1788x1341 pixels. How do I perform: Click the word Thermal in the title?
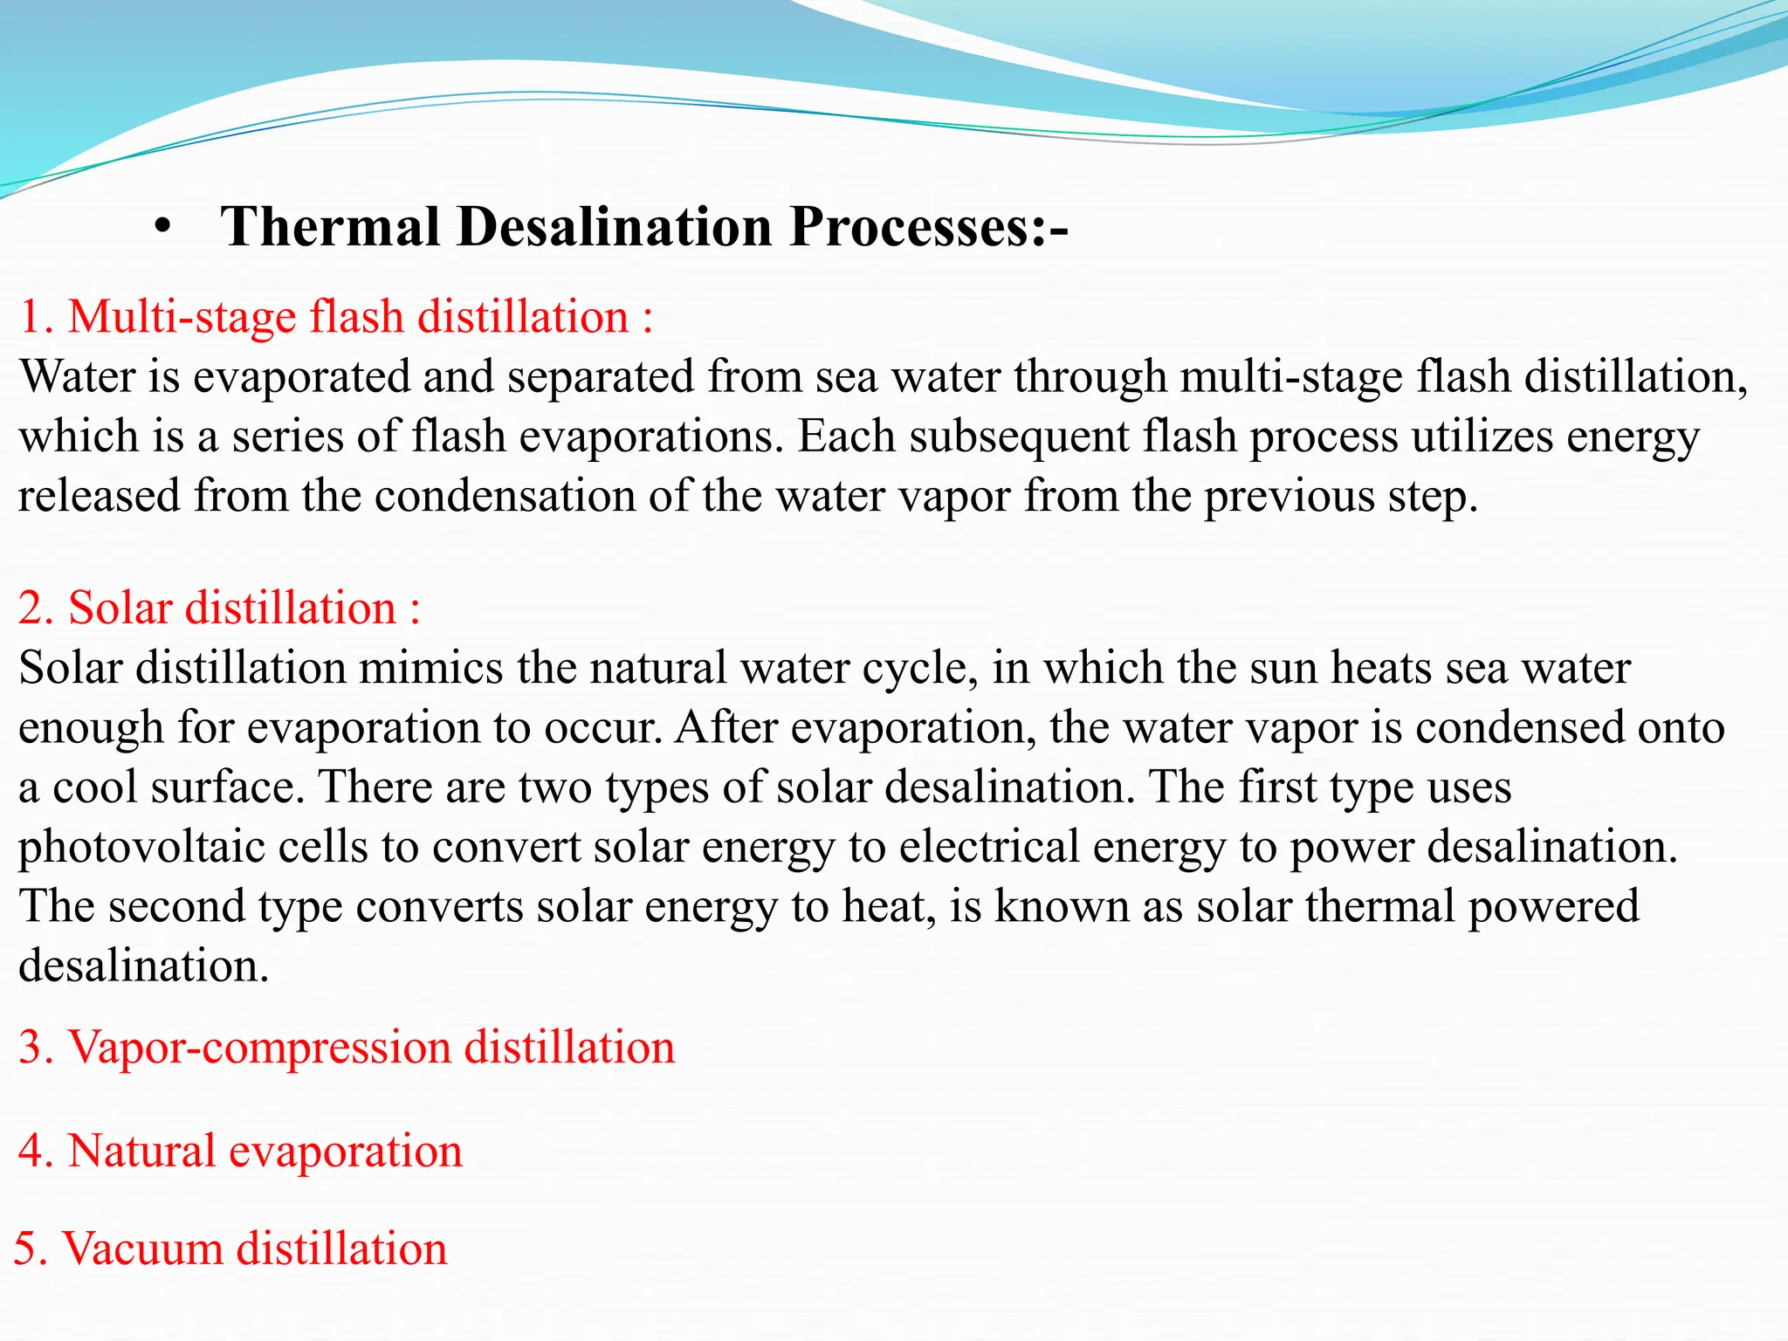[x=330, y=227]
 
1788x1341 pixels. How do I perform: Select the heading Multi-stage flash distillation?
[x=336, y=317]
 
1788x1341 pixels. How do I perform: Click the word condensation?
[x=505, y=496]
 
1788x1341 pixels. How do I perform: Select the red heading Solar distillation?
[x=218, y=609]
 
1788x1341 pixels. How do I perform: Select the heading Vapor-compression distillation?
[x=347, y=1048]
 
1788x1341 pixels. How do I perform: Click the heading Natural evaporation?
[x=240, y=1152]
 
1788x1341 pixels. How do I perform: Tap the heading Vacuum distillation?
[x=230, y=1249]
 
